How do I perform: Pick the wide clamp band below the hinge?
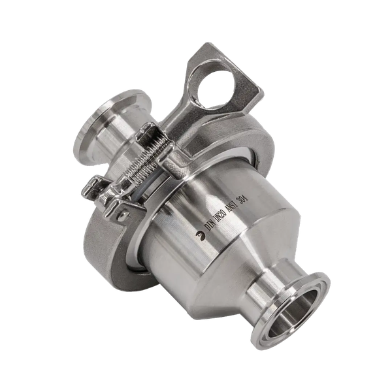click(108, 248)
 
